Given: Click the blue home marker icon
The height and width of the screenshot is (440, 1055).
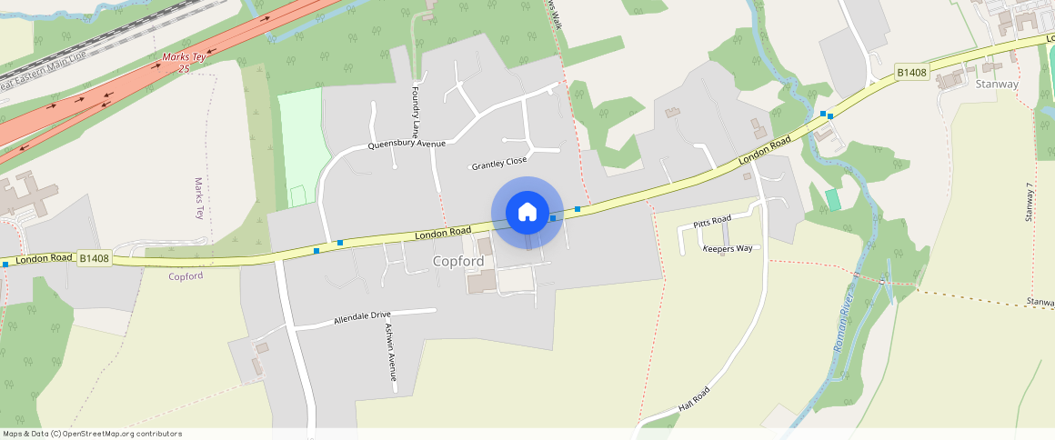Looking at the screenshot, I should coord(527,213).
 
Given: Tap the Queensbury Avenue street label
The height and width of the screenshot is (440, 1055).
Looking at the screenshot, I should coord(407,145).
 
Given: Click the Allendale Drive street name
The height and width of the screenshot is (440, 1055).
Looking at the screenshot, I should coord(362,318).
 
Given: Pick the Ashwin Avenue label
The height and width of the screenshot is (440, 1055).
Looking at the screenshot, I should coord(390,352).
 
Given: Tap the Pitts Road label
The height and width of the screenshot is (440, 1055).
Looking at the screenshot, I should coord(712,221).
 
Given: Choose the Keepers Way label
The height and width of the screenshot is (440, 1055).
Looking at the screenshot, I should coord(728,248).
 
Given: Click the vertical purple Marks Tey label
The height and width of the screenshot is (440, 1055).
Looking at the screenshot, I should coord(199,198).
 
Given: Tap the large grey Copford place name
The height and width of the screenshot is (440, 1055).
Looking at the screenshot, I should coord(458,261).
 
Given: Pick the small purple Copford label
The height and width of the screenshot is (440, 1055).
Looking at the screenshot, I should coord(186,275).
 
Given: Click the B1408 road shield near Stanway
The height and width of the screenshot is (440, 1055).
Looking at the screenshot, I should coord(912,72).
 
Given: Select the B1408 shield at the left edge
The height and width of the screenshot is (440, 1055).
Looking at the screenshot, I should coord(94,258).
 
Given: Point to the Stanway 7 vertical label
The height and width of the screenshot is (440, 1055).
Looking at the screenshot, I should coord(1030,202).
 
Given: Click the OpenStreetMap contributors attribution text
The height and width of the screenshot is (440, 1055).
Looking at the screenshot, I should coord(93,434).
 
